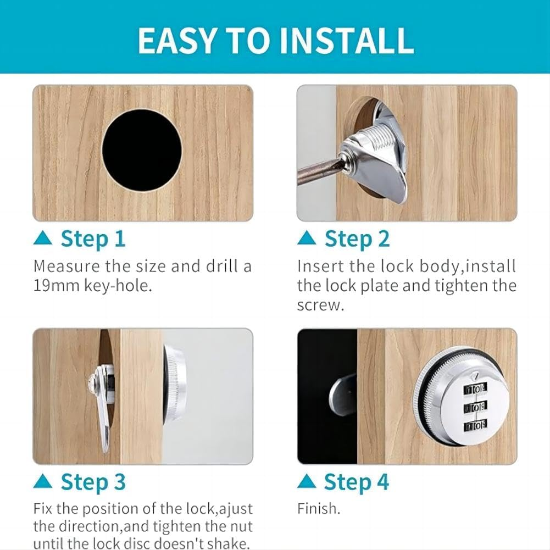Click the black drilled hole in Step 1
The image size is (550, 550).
click(142, 150)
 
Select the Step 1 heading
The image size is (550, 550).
click(93, 239)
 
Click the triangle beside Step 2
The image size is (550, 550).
click(307, 237)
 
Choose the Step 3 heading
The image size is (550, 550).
click(93, 482)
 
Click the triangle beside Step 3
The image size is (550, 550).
click(43, 481)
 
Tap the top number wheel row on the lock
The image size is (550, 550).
click(475, 388)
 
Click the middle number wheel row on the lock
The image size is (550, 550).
click(475, 408)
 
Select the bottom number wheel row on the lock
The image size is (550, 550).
click(475, 426)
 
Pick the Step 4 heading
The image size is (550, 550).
click(357, 482)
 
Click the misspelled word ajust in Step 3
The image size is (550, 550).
click(236, 509)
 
